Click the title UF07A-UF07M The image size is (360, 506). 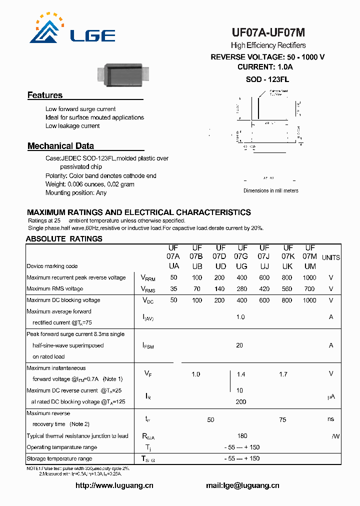click(268, 33)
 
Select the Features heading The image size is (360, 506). click(45, 95)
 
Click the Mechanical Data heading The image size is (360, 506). click(60, 146)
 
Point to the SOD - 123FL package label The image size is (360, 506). click(267, 79)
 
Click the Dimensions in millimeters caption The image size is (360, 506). click(270, 190)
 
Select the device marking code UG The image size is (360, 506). click(241, 266)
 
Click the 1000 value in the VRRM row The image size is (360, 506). click(309, 277)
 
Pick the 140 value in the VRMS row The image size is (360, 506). click(219, 289)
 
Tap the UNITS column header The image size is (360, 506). click(330, 257)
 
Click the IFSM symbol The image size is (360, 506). click(148, 345)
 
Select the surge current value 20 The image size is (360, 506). click(239, 345)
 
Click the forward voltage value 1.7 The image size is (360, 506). click(283, 374)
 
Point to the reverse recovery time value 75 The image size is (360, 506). click(282, 419)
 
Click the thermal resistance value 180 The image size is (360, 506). click(241, 436)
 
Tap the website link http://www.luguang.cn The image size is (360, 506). click(114, 485)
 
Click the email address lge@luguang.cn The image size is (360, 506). click(242, 485)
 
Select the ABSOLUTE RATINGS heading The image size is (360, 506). click(64, 238)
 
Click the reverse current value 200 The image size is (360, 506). click(241, 401)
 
